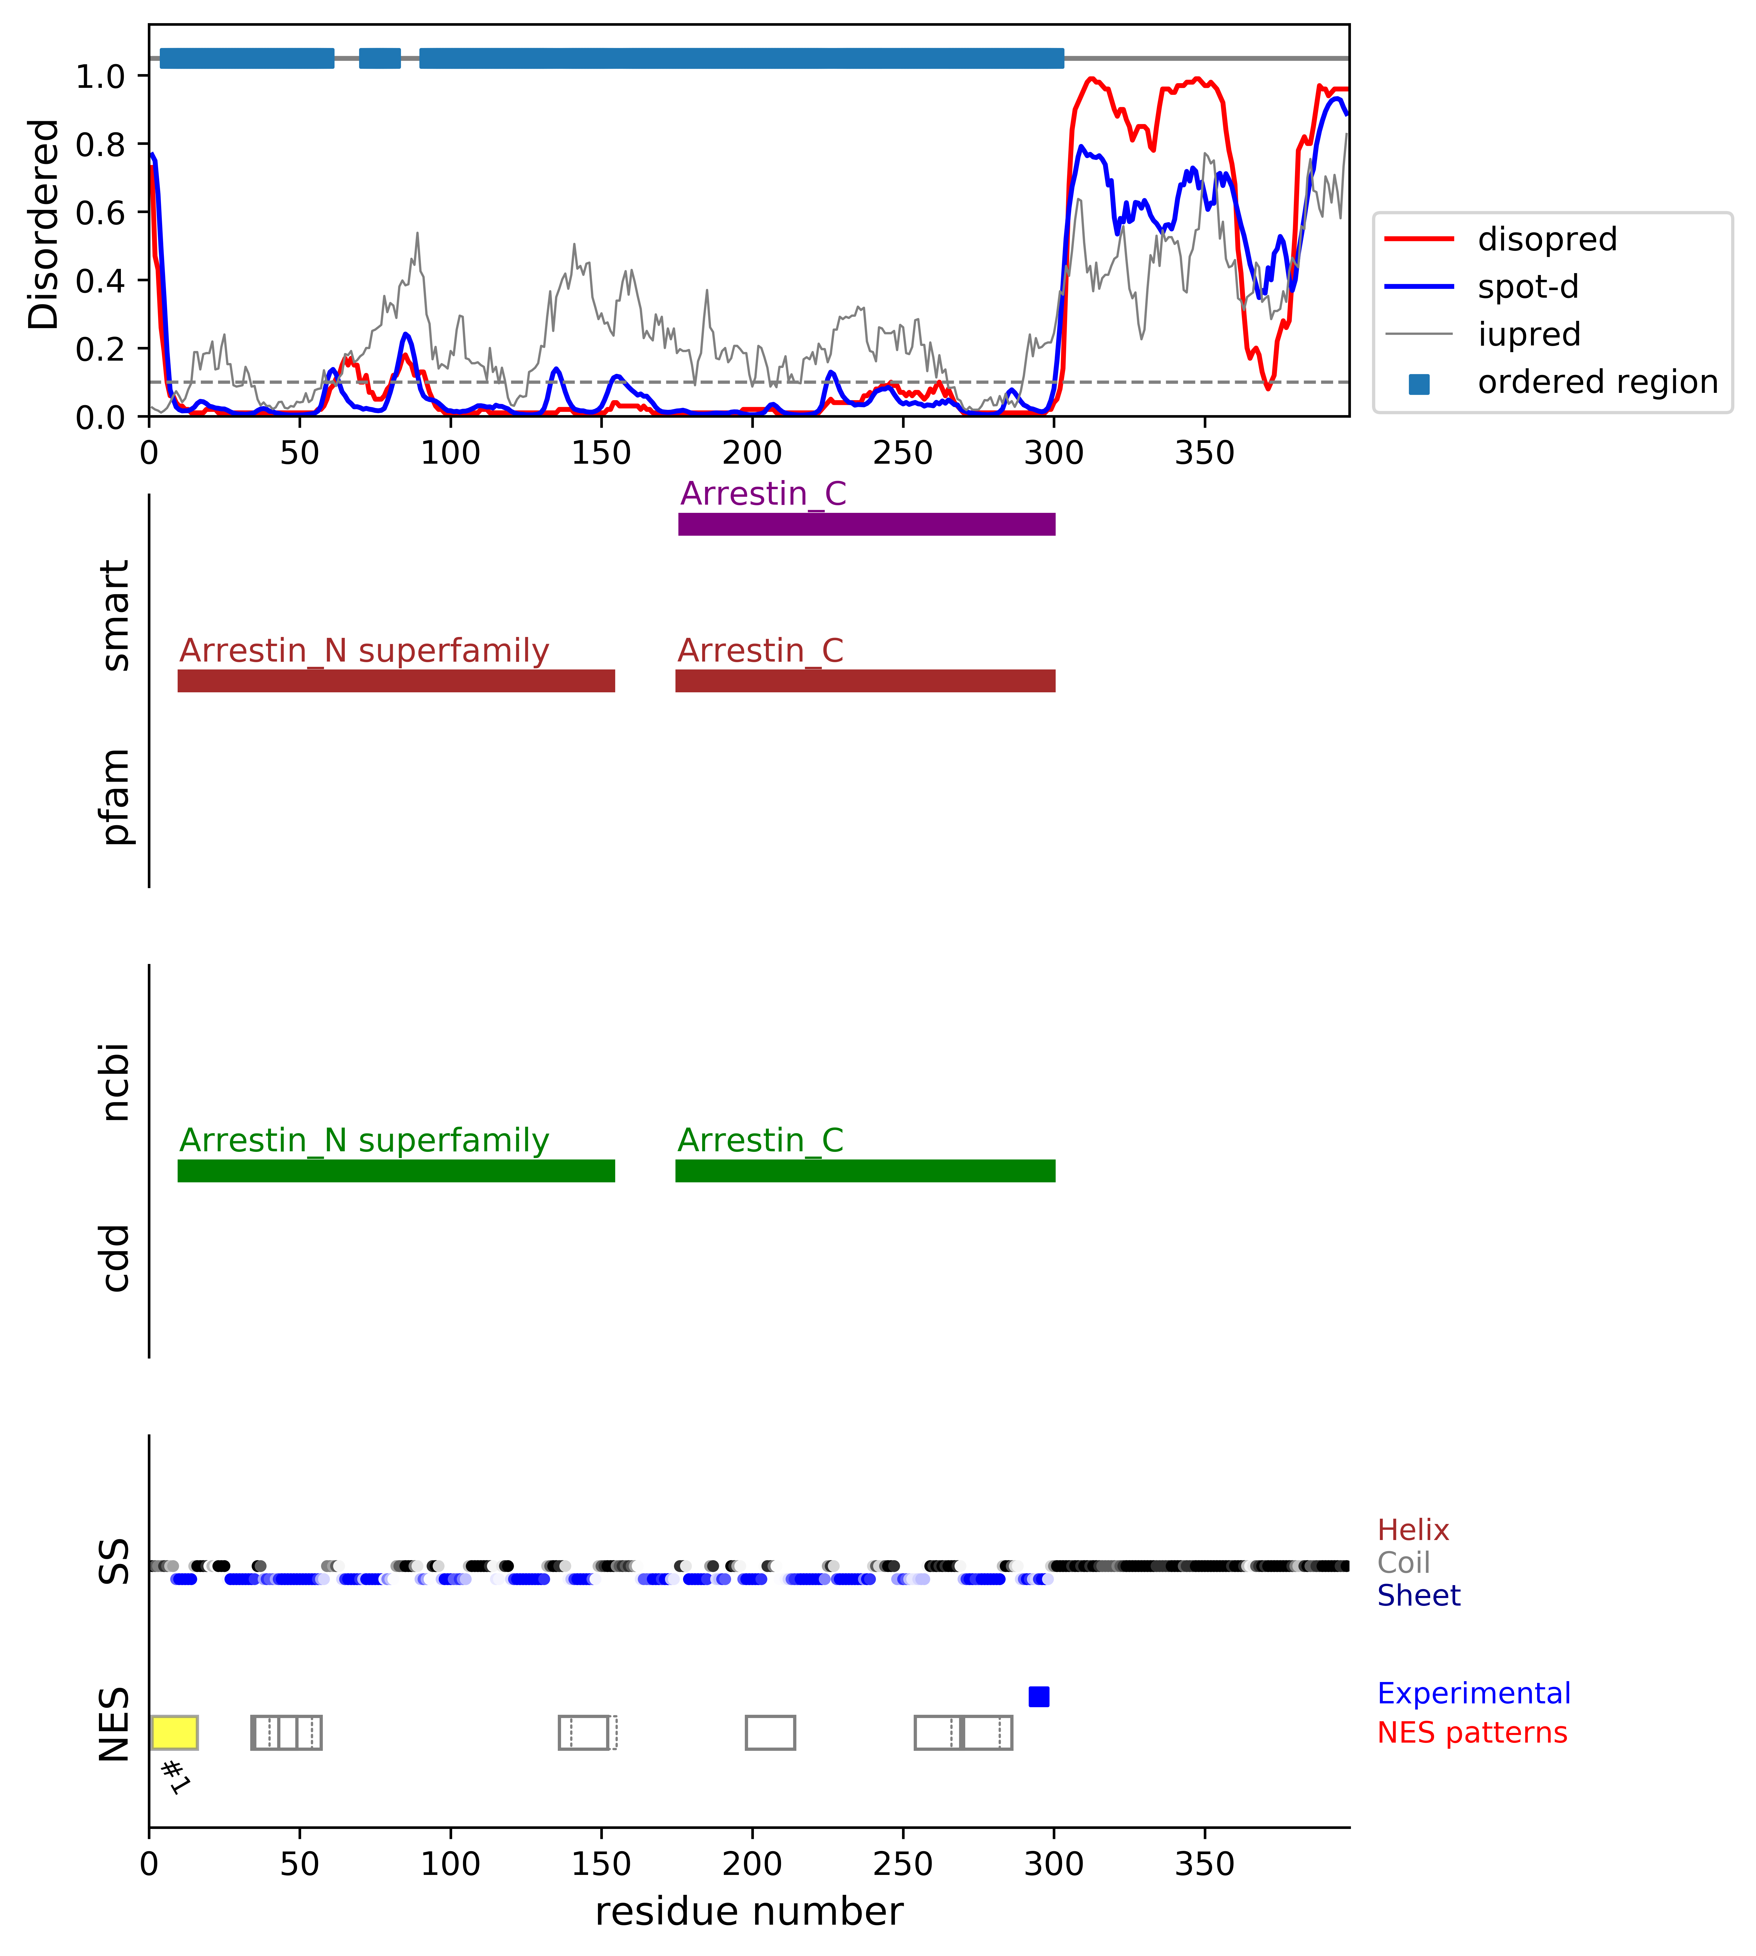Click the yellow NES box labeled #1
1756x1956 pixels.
175,1732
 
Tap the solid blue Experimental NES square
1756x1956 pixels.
1038,1696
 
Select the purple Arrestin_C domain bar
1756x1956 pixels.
866,524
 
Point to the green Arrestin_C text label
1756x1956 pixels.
760,1140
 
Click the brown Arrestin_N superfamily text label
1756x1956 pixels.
364,651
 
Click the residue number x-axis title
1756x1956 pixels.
749,1911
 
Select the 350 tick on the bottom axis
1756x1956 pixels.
1204,1862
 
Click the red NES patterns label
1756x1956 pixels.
1471,1732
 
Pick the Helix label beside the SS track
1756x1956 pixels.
1412,1529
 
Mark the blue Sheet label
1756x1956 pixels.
1418,1595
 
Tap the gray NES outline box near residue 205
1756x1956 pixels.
770,1732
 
